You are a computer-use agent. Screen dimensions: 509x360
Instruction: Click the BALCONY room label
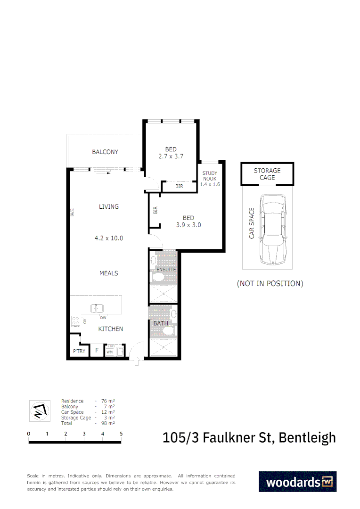point(105,152)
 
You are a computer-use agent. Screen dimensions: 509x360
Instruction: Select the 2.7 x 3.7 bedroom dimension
point(171,156)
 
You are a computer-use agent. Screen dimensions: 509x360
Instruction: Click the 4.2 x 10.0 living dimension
point(109,238)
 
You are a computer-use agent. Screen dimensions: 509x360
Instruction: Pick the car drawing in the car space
point(272,229)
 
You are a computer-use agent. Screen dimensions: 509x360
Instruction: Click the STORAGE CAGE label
point(267,174)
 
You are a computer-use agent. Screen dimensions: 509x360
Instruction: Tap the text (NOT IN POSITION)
point(270,283)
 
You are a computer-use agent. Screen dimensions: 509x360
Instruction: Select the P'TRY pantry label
point(79,351)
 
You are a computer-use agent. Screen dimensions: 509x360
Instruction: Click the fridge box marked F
point(97,351)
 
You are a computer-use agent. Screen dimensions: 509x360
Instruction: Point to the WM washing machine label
point(109,352)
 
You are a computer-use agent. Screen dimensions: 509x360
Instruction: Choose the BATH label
point(160,323)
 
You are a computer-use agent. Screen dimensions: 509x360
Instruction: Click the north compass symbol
point(39,410)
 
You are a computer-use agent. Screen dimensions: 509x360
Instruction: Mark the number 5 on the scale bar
point(121,434)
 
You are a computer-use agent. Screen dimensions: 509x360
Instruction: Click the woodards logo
point(297,482)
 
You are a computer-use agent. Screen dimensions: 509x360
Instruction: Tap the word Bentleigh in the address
point(307,437)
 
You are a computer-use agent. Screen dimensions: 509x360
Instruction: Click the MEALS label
point(109,273)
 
